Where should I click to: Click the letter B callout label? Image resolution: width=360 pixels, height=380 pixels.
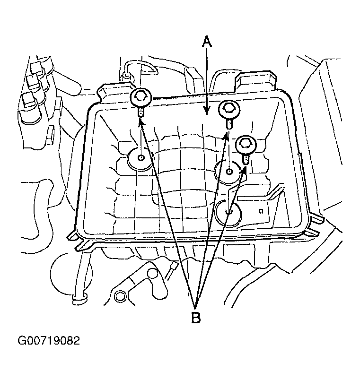coord(196,317)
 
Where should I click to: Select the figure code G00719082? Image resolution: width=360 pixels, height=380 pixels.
coord(49,340)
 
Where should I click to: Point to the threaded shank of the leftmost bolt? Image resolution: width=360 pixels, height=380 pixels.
coord(141,112)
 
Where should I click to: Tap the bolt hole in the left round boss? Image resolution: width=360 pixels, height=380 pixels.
coord(141,158)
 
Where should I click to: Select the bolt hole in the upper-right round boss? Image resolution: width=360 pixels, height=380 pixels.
coord(229,172)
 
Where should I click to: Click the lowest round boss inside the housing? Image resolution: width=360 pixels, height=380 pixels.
coord(229,212)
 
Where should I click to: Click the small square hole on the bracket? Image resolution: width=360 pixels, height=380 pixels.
coord(261,211)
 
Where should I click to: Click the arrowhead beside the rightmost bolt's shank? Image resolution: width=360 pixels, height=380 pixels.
coord(244,170)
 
